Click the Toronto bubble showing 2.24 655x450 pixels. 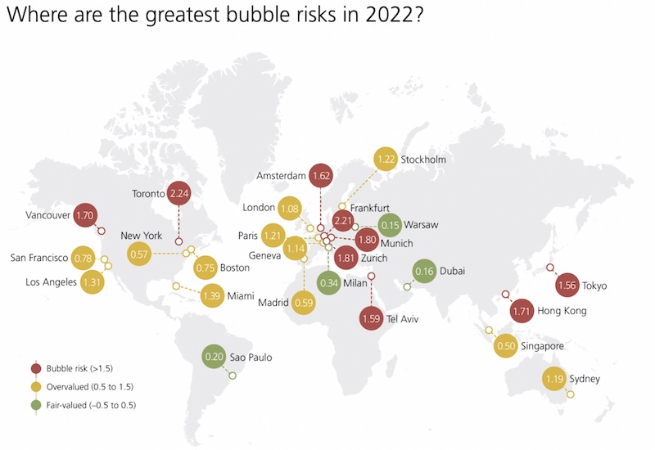[x=178, y=194]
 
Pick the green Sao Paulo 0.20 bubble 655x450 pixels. [x=215, y=357]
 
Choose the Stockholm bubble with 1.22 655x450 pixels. [x=386, y=159]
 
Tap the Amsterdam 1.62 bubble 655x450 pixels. [x=321, y=175]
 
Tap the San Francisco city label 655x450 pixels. [x=38, y=259]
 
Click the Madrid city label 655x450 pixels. [x=273, y=303]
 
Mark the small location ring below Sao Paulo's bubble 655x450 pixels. [x=233, y=376]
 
